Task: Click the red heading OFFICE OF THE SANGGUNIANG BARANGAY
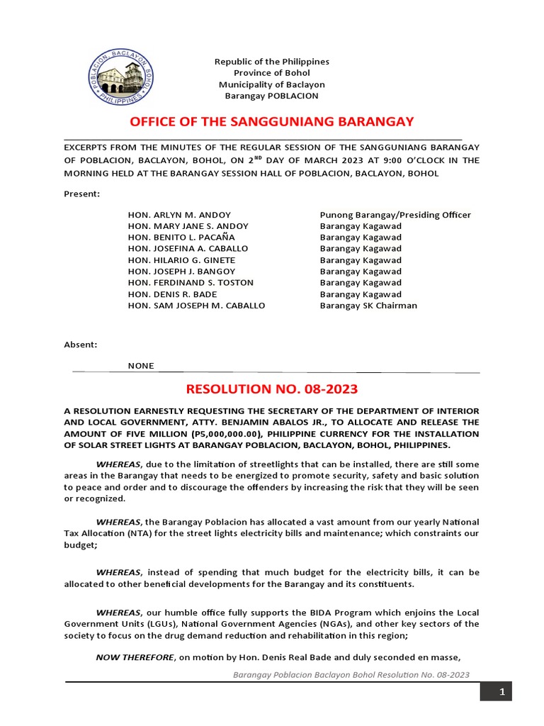(x=272, y=121)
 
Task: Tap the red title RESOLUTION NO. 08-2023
(x=272, y=389)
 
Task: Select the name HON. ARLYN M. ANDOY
(x=179, y=215)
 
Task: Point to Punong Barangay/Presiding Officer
(x=395, y=215)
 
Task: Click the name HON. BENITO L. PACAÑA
(x=181, y=238)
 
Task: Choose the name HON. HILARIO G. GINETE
(x=181, y=260)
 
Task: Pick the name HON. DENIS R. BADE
(x=172, y=294)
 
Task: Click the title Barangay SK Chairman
(x=368, y=306)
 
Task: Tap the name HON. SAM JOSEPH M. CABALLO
(x=196, y=306)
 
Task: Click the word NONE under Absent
(x=140, y=366)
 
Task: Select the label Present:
(x=81, y=194)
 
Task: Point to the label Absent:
(x=81, y=345)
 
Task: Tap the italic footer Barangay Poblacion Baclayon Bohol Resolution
(x=351, y=675)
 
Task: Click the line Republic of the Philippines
(x=272, y=62)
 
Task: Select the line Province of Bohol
(x=272, y=73)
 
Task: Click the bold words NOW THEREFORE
(x=135, y=657)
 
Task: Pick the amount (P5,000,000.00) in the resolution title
(x=233, y=434)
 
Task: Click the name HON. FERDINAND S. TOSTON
(x=191, y=283)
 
